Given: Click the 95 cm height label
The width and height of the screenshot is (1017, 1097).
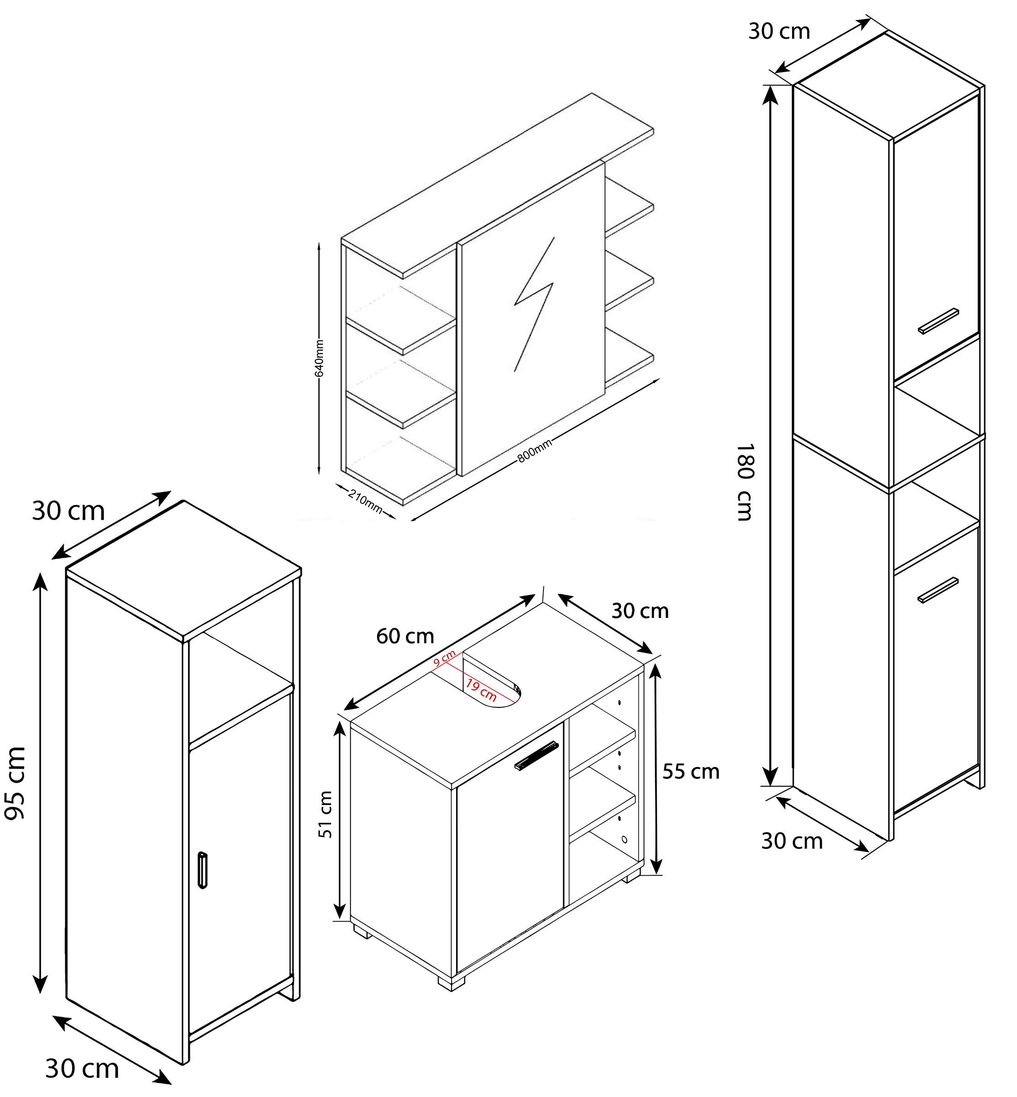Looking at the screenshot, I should coord(15,782).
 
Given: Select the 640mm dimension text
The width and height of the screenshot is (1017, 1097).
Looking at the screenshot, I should coord(319,358).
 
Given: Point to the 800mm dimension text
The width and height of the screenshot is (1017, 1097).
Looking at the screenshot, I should coord(534,451).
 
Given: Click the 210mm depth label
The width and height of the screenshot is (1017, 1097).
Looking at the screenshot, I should coord(365,501).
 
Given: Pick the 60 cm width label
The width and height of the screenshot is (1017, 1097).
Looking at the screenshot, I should coord(405,636).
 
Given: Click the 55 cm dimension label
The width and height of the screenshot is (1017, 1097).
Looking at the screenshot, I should coord(691,772).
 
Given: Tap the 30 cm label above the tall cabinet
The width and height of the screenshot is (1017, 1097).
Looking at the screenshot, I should coord(779,32).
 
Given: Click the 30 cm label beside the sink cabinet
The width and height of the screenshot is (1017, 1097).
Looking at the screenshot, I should coord(640,611).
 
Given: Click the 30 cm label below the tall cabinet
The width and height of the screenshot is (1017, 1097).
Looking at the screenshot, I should coord(792,841).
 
